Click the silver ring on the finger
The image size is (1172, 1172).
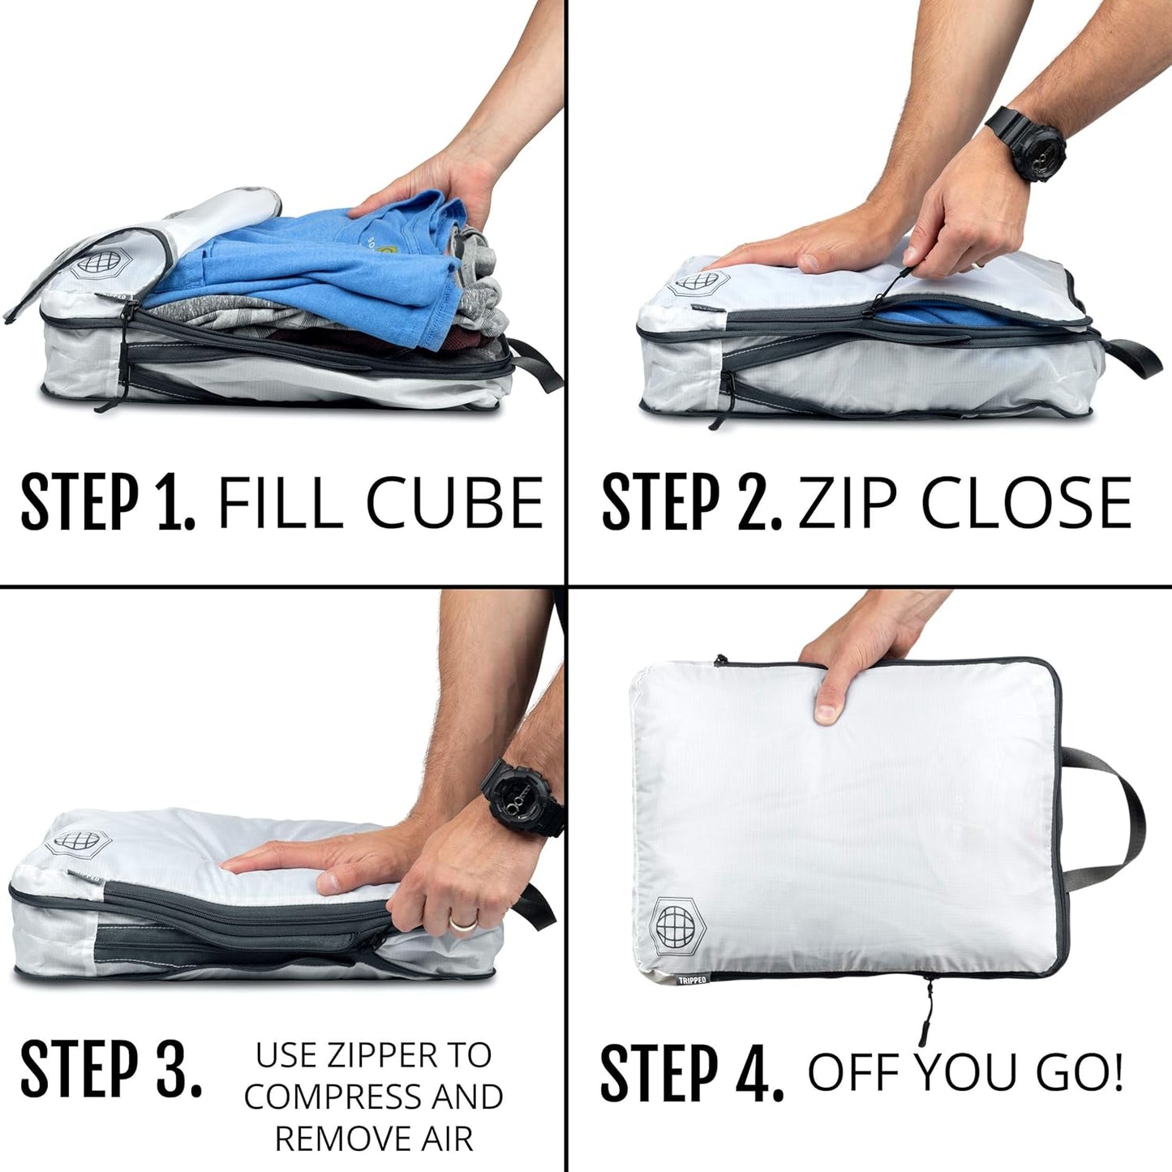(x=463, y=924)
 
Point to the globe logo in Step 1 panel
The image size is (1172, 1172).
(x=92, y=264)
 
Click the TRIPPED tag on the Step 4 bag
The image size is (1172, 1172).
(x=692, y=980)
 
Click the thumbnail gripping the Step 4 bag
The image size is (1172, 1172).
(x=826, y=714)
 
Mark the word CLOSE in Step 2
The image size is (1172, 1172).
(x=1026, y=503)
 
